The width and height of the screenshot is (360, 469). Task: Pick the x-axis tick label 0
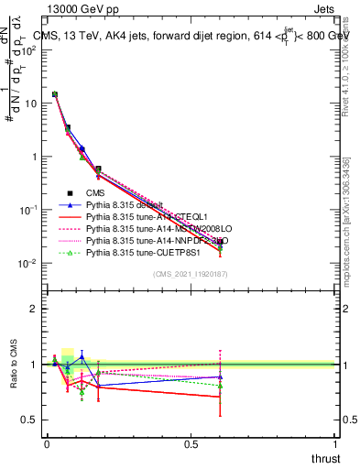pos(47,443)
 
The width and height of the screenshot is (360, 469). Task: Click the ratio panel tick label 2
pos(32,309)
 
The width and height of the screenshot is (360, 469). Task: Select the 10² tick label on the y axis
pos(29,49)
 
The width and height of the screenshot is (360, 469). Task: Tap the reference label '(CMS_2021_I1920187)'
pos(190,274)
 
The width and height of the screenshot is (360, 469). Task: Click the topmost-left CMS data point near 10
pos(55,94)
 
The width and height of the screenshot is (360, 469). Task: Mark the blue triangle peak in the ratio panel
pos(107,356)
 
